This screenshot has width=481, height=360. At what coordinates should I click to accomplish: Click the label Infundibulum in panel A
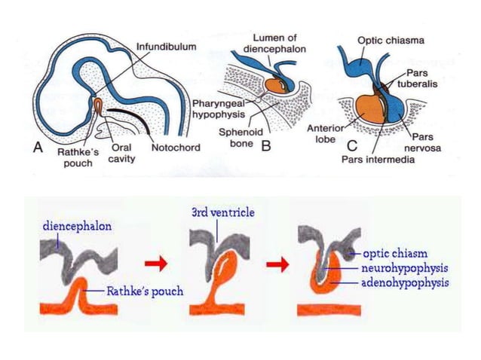point(167,47)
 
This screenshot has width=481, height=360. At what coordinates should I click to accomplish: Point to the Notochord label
point(176,148)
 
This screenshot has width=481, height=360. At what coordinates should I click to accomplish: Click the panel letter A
point(37,148)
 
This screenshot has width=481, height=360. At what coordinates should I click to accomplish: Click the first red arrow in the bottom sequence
point(156,264)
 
